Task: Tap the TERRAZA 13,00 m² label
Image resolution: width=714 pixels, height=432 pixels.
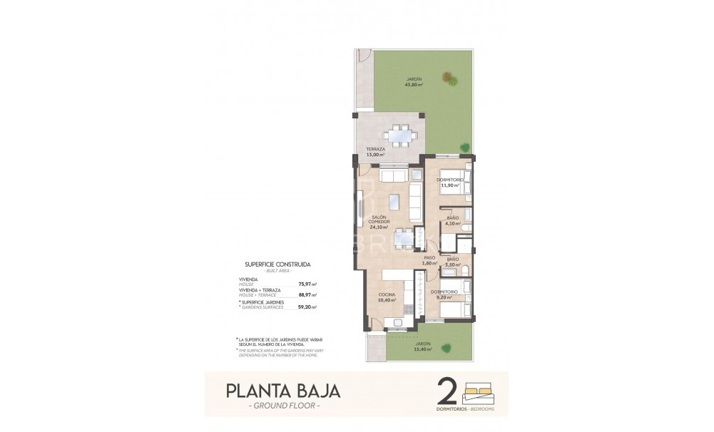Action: coord(375,152)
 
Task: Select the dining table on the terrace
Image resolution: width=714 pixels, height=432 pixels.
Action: coord(400,133)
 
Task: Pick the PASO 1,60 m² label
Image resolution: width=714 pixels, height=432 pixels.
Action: coord(429,260)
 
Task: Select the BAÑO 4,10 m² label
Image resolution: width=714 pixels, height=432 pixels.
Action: coord(453,220)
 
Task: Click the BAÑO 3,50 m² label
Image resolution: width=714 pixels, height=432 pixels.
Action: coord(453,262)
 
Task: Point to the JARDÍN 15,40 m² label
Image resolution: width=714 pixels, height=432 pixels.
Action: coord(424,346)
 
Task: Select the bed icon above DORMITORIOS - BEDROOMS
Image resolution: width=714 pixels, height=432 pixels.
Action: coord(482,391)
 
